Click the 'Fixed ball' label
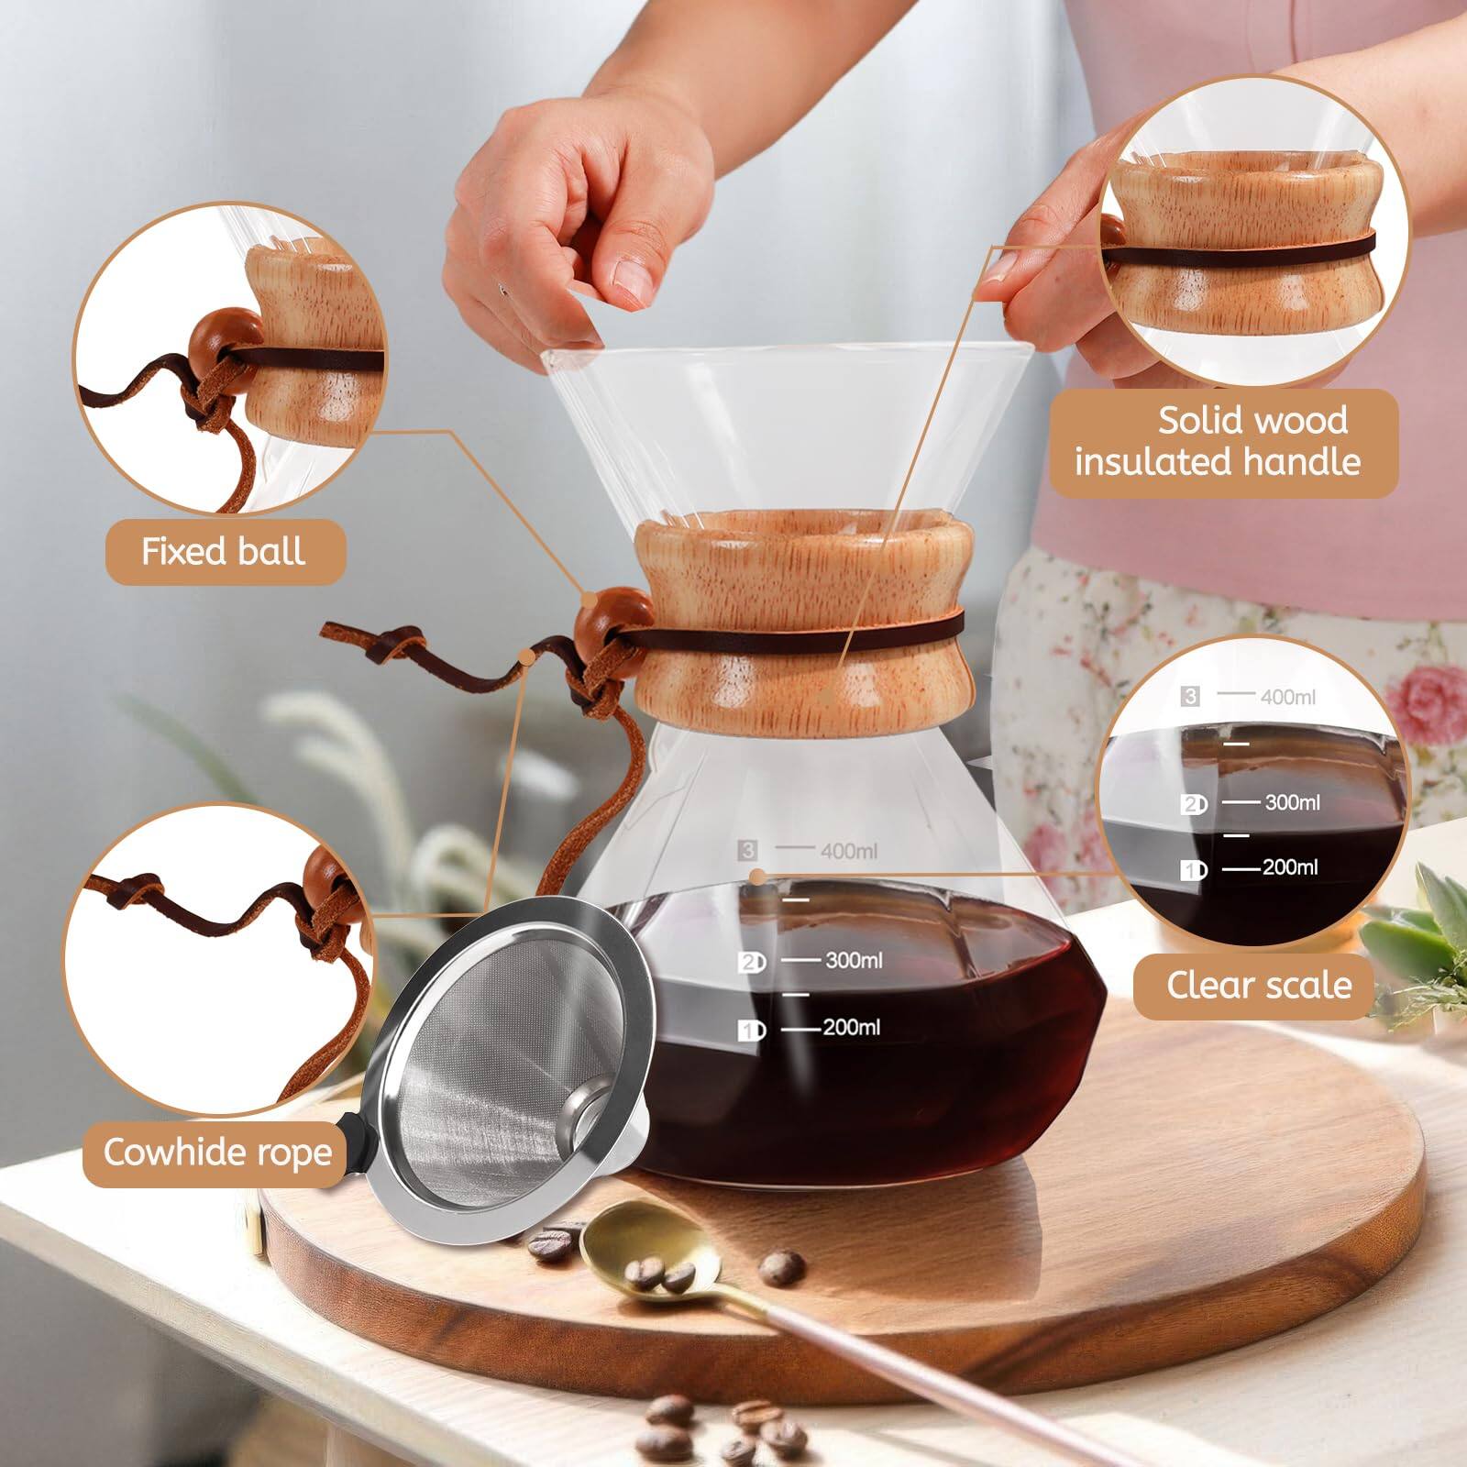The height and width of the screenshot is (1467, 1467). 223,552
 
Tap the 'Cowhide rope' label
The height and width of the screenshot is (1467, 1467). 217,1153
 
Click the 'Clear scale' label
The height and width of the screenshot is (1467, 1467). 1258,986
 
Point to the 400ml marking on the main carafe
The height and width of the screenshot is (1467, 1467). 848,852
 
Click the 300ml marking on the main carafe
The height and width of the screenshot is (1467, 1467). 853,960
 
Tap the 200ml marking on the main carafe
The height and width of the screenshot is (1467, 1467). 851,1027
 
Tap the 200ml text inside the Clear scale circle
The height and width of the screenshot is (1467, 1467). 1290,867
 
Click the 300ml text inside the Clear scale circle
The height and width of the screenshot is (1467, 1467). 1292,802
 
